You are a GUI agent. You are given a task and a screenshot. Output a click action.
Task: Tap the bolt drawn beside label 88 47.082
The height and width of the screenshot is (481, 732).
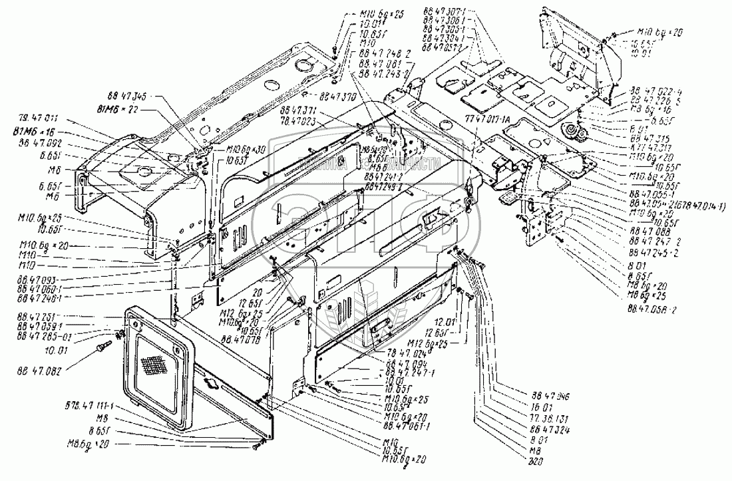pos(106,347)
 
